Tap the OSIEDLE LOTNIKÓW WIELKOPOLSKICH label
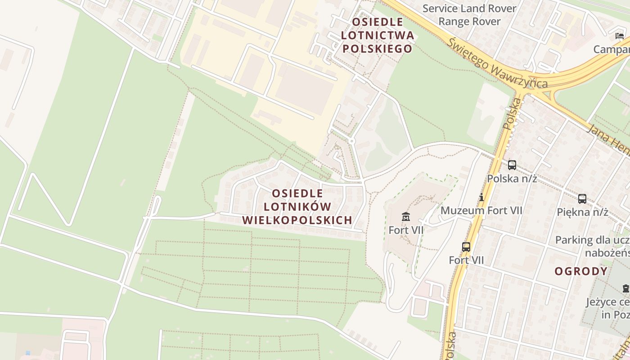297,207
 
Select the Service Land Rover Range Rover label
469,15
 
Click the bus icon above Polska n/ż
512,165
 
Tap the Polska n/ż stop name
512,179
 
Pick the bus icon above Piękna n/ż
582,198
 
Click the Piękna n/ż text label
582,212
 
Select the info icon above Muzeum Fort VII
481,197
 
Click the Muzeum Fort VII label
481,210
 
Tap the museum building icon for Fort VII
406,217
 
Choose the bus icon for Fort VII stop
466,247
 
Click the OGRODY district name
581,271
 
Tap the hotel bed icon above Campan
620,36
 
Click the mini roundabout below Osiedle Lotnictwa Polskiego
352,141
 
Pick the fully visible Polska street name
512,114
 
